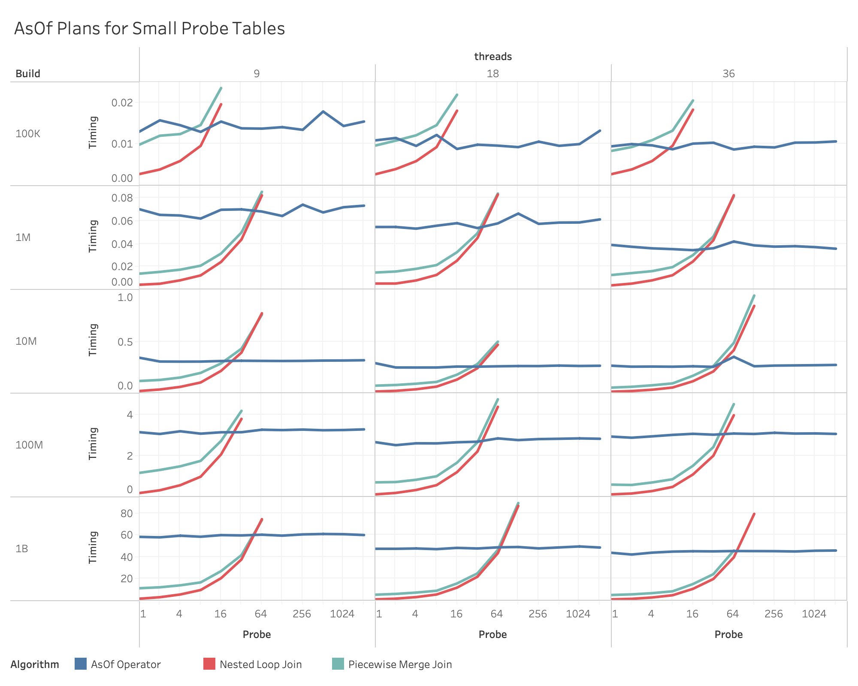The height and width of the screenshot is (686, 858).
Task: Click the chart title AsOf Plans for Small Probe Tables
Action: tap(149, 28)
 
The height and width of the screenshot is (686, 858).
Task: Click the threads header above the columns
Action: tap(493, 56)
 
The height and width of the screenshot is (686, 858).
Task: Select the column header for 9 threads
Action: tap(257, 73)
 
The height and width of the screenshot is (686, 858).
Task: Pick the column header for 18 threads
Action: tap(493, 73)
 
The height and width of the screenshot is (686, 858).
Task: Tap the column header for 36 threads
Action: tap(728, 73)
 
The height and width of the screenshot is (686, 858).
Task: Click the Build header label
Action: tap(28, 73)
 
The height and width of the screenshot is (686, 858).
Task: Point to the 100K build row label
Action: tap(28, 133)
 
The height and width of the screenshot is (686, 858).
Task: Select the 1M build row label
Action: tap(23, 237)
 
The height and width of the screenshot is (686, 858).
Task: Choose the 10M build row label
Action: tap(26, 341)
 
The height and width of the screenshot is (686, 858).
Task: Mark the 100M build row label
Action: tap(29, 445)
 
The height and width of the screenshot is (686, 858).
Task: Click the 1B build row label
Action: tap(22, 548)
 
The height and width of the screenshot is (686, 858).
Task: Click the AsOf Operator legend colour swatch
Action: tap(81, 664)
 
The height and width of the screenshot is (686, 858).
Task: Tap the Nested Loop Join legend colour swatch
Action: tap(209, 664)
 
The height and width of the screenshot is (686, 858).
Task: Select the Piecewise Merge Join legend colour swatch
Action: tap(338, 664)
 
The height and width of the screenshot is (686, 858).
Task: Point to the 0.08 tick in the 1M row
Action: tap(122, 198)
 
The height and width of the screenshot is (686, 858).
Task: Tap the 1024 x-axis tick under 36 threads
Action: tap(814, 614)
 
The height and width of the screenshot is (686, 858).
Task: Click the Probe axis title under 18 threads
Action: tap(492, 634)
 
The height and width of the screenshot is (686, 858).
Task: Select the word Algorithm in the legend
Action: tap(35, 664)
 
